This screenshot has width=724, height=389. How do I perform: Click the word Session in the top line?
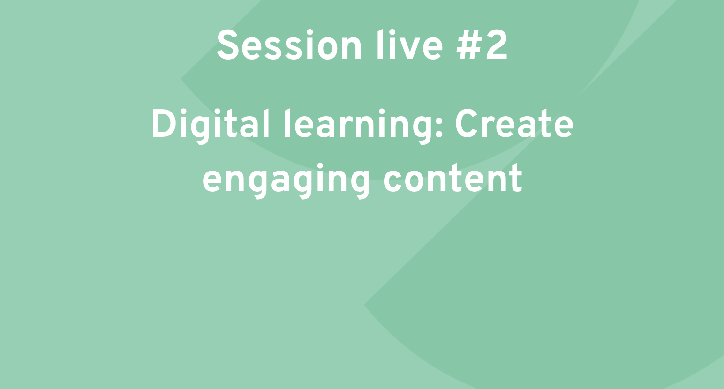[x=289, y=45]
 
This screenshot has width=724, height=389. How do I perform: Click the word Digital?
[x=211, y=126]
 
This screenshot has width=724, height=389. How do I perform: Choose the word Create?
[x=514, y=124]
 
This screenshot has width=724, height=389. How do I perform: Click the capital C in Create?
[x=467, y=124]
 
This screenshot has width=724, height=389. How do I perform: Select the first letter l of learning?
[x=287, y=124]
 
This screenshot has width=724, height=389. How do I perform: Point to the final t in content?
[x=515, y=180]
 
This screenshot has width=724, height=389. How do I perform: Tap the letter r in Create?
[x=488, y=128]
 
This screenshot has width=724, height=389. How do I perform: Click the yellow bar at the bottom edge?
[x=348, y=388]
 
